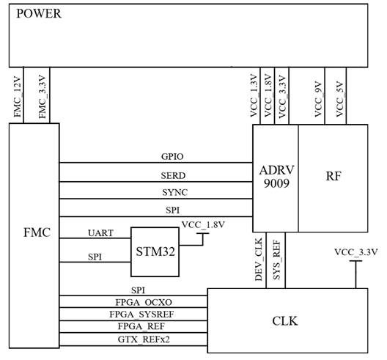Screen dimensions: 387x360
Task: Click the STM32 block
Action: point(155,251)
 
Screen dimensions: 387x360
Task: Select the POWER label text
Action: point(39,14)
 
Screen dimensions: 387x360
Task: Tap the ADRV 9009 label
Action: point(276,177)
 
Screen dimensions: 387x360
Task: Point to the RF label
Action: point(333,176)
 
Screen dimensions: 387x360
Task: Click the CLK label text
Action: point(285,321)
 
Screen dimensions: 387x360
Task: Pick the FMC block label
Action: point(37,232)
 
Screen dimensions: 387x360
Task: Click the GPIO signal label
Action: point(172,157)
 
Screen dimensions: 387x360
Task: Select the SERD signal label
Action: point(173,175)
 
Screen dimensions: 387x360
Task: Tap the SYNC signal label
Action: point(174,192)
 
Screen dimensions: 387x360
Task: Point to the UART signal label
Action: point(100,233)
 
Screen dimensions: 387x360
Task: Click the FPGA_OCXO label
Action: point(144,302)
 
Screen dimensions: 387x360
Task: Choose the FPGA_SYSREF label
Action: point(141,315)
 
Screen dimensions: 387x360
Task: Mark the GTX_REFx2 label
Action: point(144,339)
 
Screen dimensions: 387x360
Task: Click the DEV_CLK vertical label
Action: point(259,260)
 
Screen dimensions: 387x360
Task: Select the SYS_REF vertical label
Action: point(276,260)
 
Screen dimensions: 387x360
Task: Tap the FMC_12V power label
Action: point(18,97)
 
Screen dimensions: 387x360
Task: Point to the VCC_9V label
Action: point(318,99)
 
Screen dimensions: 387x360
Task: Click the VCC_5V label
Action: point(340,99)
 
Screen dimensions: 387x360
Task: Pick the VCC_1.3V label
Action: point(254,95)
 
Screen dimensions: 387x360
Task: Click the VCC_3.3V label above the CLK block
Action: point(356,252)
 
